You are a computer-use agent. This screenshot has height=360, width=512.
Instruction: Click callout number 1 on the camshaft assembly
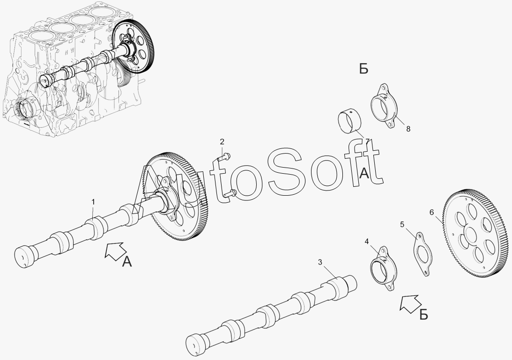(93, 202)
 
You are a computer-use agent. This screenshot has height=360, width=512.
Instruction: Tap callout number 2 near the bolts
(222, 142)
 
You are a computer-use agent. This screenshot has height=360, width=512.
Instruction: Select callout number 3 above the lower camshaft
(320, 262)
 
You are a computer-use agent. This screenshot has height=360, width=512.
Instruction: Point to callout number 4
(367, 242)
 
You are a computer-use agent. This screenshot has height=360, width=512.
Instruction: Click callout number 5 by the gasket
(402, 225)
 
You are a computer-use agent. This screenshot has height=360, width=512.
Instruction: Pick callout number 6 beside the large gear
(432, 213)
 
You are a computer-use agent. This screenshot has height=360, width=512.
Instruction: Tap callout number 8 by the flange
(408, 129)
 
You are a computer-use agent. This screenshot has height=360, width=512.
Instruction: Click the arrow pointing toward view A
(116, 251)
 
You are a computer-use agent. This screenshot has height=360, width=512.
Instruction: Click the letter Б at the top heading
(364, 69)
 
